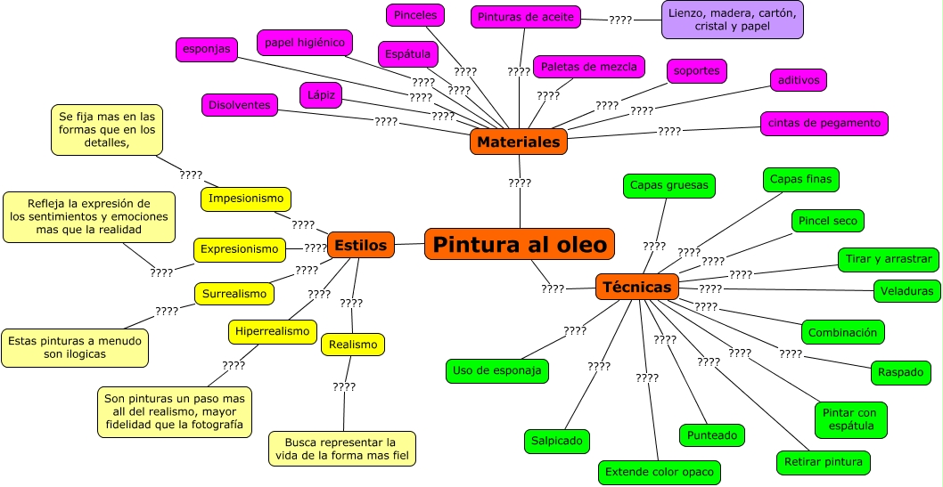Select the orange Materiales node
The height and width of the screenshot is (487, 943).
tap(518, 142)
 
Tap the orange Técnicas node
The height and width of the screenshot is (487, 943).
tap(637, 287)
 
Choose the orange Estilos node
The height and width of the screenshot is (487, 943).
tap(361, 245)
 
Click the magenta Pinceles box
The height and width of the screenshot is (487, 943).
tap(415, 15)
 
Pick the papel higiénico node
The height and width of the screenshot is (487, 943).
tap(305, 42)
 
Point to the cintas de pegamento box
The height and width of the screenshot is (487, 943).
tap(824, 123)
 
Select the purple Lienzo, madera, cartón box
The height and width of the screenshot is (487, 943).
tap(733, 20)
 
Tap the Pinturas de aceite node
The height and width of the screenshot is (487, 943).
tap(526, 16)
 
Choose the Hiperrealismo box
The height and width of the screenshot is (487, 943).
tap(273, 331)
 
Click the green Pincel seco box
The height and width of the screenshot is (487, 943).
tap(827, 220)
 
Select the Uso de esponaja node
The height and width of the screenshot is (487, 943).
tap(496, 370)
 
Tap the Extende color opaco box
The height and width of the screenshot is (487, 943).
tap(659, 472)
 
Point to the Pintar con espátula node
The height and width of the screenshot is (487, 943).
tap(850, 420)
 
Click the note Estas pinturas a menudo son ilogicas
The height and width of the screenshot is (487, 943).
tap(75, 347)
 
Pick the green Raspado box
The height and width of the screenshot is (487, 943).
tap(900, 372)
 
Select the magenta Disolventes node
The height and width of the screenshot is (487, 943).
tap(239, 105)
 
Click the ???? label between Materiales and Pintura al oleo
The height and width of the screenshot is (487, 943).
tap(520, 183)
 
